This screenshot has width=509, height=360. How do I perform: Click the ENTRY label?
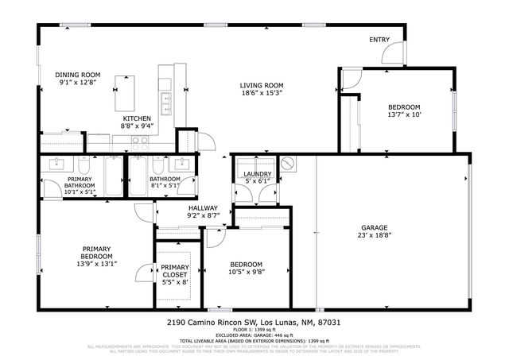point(379,40)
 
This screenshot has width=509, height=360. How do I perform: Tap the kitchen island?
point(124,94)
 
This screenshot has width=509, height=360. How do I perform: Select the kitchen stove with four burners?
point(140,143)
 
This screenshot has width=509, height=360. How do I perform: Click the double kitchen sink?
point(166,102)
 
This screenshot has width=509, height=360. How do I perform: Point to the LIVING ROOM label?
point(262,85)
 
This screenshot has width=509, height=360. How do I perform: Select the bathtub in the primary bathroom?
point(112,174)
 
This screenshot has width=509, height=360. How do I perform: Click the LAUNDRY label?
point(257,174)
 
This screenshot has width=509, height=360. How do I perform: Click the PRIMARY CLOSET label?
point(174,271)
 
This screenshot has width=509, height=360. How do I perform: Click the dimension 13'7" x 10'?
point(403,115)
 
